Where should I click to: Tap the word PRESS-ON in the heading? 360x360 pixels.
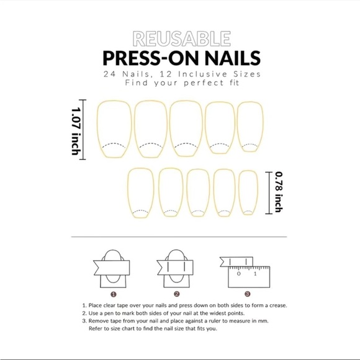click(x=145, y=58)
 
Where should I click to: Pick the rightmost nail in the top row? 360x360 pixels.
click(x=250, y=128)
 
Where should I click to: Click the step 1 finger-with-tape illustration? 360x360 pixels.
click(x=113, y=269)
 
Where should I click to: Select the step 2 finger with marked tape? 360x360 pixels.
click(x=177, y=269)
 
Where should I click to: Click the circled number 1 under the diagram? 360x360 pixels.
click(x=113, y=294)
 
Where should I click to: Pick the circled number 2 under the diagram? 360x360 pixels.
click(x=177, y=294)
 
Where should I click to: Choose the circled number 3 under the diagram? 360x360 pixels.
click(x=248, y=294)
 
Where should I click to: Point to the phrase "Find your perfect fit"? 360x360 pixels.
click(x=179, y=83)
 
